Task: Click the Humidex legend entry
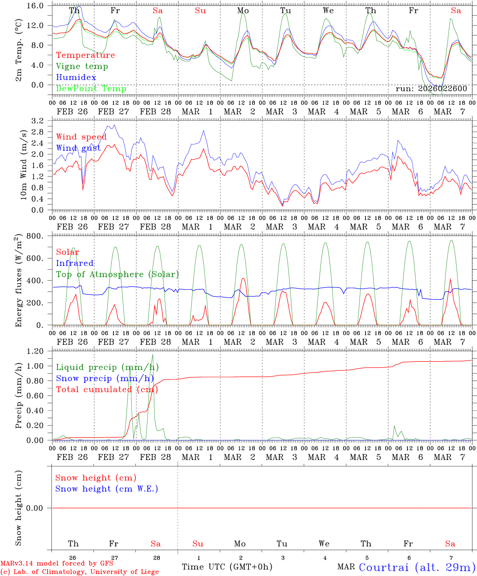tap(76, 78)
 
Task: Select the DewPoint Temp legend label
tap(91, 88)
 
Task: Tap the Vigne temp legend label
tap(82, 66)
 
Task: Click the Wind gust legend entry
tap(78, 148)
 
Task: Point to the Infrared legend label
tap(75, 263)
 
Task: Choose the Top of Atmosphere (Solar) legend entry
tap(117, 274)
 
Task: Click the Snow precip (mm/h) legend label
tap(107, 378)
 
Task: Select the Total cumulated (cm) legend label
tap(107, 389)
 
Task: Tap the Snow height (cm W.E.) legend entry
tap(106, 489)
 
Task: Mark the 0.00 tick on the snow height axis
tap(38, 508)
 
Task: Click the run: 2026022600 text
tap(431, 89)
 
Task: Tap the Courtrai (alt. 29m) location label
tap(417, 567)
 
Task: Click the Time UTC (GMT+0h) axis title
tap(227, 567)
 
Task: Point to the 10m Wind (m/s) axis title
tap(23, 164)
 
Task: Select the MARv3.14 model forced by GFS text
tap(56, 563)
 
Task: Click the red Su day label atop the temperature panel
tap(200, 11)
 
